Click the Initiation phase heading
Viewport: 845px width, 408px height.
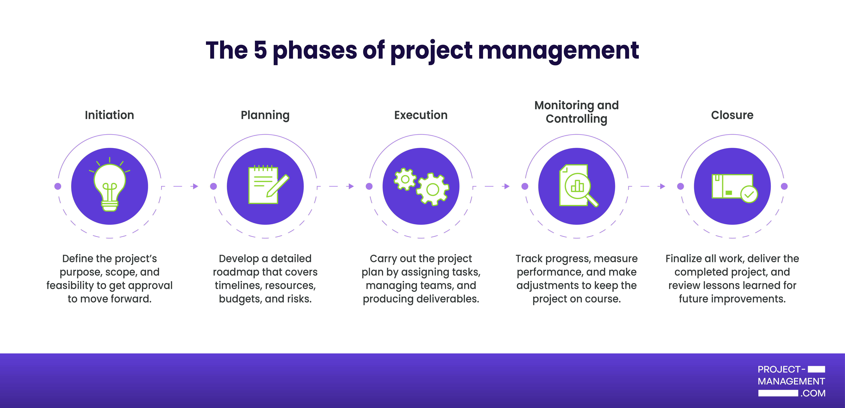point(109,115)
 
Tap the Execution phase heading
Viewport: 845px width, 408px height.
point(421,115)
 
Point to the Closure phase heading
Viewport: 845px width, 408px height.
point(732,115)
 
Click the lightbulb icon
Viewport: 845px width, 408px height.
point(110,185)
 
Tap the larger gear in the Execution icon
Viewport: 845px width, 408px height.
point(433,189)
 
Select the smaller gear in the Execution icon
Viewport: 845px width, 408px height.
point(405,179)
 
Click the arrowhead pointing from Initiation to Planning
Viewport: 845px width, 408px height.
point(196,186)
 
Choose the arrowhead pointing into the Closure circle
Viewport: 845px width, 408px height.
point(663,186)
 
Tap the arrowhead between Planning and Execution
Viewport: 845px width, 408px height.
point(351,186)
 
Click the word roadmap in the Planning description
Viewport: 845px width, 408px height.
point(236,272)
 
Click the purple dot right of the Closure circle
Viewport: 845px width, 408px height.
point(784,186)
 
